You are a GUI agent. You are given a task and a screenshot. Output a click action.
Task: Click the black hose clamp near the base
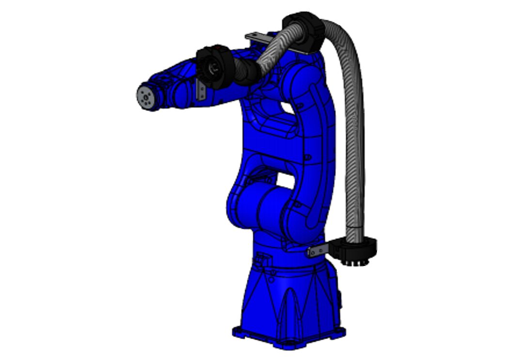pyautogui.click(x=356, y=249)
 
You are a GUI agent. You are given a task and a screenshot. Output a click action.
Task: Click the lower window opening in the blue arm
pyautogui.click(x=283, y=180)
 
